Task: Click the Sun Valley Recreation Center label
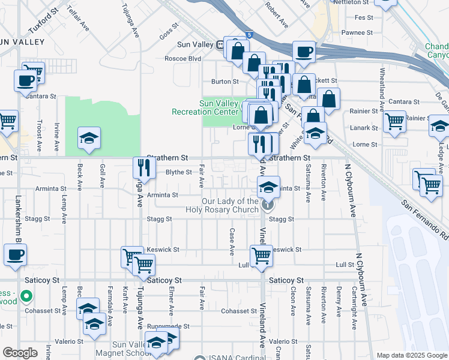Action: (205, 107)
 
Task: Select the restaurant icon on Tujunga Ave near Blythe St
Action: (142, 167)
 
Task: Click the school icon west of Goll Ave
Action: (89, 139)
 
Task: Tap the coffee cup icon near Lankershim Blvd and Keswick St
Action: (15, 254)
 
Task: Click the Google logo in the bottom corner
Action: (20, 353)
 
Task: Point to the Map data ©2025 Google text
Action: (412, 355)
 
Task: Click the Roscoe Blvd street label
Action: (182, 59)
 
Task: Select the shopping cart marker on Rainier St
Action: (394, 121)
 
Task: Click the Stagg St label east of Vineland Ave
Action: (281, 220)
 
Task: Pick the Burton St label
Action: (224, 81)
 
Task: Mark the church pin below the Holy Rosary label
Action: (268, 206)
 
